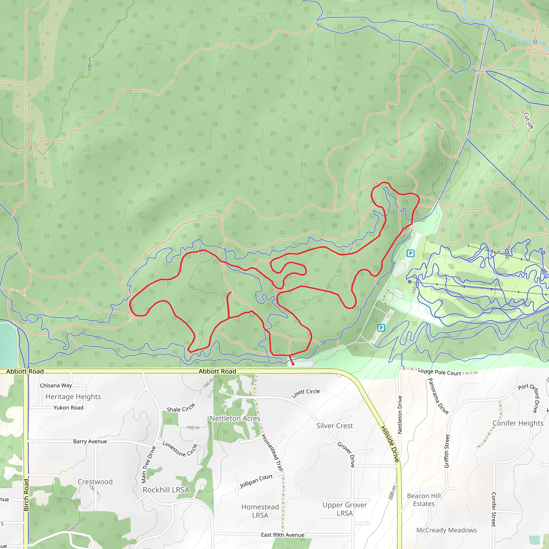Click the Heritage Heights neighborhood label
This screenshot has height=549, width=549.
coord(73,396)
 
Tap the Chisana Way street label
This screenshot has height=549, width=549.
coord(56,385)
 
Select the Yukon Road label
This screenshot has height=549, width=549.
coord(68,407)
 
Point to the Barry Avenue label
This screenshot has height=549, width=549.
coord(90,441)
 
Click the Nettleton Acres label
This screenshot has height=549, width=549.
coord(235,418)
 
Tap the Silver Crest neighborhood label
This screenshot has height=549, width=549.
coord(335,426)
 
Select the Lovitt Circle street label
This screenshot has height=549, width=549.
coord(306,393)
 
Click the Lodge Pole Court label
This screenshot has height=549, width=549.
coord(439,372)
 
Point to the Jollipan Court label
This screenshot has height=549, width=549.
coord(256,481)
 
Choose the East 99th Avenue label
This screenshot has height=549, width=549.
coord(283,535)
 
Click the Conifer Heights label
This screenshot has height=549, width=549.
coord(518,423)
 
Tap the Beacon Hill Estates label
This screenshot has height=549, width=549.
coord(424,500)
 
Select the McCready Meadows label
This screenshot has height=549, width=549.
coord(446,530)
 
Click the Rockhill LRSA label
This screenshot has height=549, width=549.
coord(166,490)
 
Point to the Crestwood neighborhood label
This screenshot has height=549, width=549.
coord(95,482)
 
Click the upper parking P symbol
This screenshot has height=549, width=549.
coord(410,253)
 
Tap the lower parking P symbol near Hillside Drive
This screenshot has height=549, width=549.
coord(381,328)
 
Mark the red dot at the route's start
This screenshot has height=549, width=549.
coord(293,364)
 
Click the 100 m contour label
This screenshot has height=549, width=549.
coord(90,64)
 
